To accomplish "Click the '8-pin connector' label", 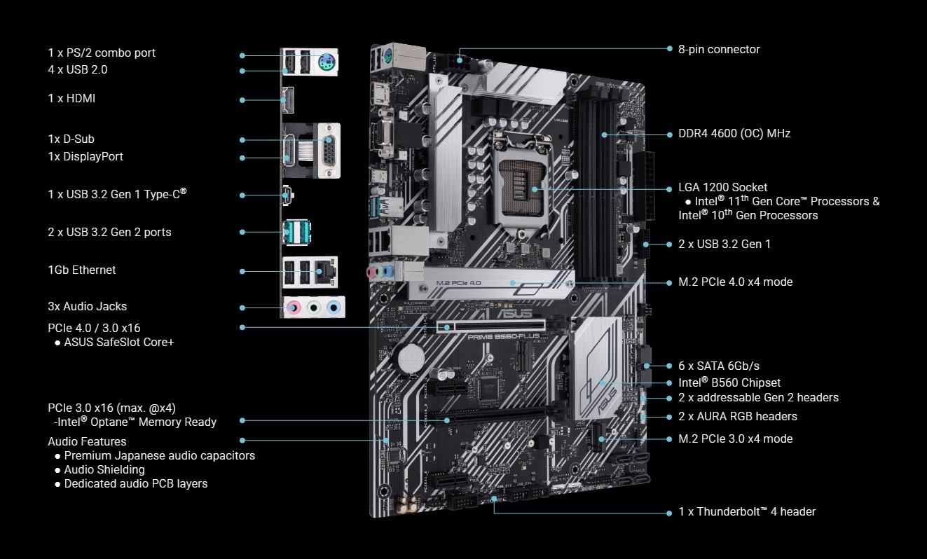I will (x=719, y=49).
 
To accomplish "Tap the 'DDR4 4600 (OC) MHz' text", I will (x=734, y=133).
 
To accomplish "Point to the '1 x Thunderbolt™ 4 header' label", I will (x=747, y=511).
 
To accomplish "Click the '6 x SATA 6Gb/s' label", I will (x=719, y=366).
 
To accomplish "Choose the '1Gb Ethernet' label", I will (x=82, y=270).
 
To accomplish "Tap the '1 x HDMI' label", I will (x=71, y=99).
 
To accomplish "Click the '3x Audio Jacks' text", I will (x=88, y=306).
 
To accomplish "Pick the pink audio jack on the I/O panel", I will (x=295, y=307).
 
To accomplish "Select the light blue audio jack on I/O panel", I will (x=336, y=307).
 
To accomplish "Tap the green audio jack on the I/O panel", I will (x=315, y=307).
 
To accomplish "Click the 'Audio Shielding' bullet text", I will (x=104, y=469).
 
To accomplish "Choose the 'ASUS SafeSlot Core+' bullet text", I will (x=118, y=342).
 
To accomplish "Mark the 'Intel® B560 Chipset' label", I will (x=729, y=382).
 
